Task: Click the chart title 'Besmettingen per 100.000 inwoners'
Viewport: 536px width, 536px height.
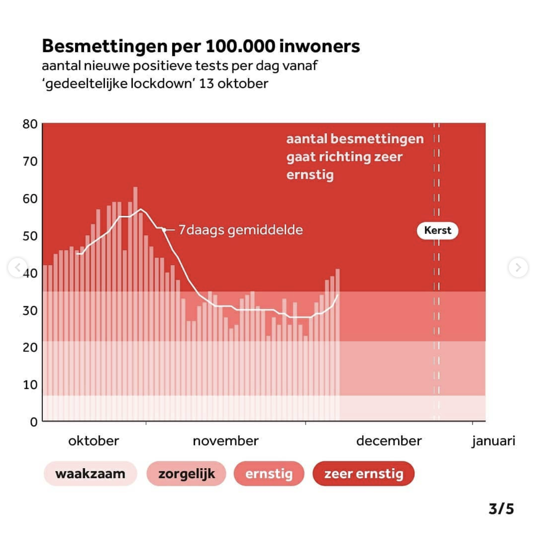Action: pyautogui.click(x=201, y=46)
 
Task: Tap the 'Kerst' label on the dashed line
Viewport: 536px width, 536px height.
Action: pyautogui.click(x=437, y=230)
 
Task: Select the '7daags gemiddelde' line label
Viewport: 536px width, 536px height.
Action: pyautogui.click(x=241, y=230)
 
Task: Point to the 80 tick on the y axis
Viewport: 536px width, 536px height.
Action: pyautogui.click(x=30, y=124)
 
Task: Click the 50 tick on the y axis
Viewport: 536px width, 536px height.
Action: pyautogui.click(x=30, y=236)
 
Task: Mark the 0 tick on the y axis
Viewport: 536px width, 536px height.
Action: pyautogui.click(x=34, y=422)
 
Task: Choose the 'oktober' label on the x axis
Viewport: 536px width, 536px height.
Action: pyautogui.click(x=94, y=441)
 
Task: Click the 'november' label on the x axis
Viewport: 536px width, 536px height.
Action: pyautogui.click(x=226, y=441)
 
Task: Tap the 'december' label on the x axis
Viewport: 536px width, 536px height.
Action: pyautogui.click(x=389, y=441)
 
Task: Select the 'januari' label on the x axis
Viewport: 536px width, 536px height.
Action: pyautogui.click(x=494, y=441)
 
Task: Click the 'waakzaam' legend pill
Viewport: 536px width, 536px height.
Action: pyautogui.click(x=90, y=474)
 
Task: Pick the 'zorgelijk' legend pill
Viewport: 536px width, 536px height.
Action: pyautogui.click(x=186, y=474)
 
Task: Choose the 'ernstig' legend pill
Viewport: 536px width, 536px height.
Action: pyautogui.click(x=269, y=474)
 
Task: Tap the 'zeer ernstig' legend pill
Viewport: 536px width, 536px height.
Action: pyautogui.click(x=363, y=474)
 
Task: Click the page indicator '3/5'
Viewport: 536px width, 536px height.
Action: pyautogui.click(x=501, y=509)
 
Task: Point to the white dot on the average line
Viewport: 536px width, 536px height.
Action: pyautogui.click(x=164, y=230)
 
